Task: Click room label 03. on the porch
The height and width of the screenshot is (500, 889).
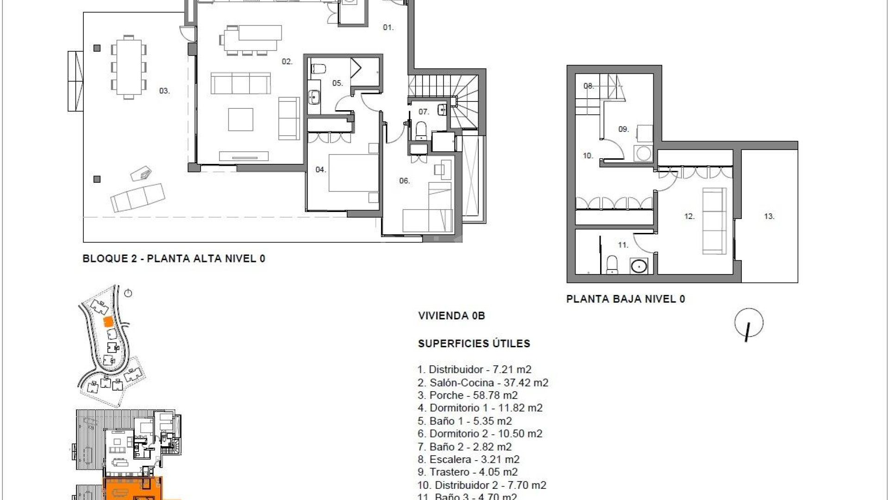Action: [x=164, y=91]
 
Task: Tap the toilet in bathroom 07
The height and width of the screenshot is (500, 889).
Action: [x=421, y=130]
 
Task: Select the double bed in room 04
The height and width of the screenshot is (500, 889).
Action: [x=354, y=173]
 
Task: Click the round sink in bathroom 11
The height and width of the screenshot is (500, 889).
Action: [x=639, y=266]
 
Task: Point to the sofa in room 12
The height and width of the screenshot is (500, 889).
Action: [x=714, y=221]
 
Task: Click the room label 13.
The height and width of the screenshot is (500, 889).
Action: [x=769, y=216]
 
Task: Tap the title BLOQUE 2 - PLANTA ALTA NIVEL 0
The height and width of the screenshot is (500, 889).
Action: [x=174, y=259]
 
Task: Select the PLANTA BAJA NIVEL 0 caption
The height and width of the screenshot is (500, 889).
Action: [x=626, y=299]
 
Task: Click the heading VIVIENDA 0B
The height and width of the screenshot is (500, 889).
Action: [x=451, y=316]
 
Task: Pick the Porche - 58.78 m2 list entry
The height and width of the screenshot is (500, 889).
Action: [x=468, y=395]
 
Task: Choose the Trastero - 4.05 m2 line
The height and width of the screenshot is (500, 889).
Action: [x=468, y=472]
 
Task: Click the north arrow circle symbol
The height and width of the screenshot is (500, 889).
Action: [x=749, y=323]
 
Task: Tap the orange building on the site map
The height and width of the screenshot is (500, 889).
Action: [x=107, y=321]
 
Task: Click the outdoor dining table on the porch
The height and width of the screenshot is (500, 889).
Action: [x=129, y=67]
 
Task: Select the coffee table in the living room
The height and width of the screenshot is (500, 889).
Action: [x=241, y=119]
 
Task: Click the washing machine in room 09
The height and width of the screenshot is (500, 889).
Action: [x=643, y=153]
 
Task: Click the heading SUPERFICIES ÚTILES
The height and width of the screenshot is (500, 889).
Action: [x=474, y=344]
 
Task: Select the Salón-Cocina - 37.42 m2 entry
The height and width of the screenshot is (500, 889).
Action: [x=483, y=383]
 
